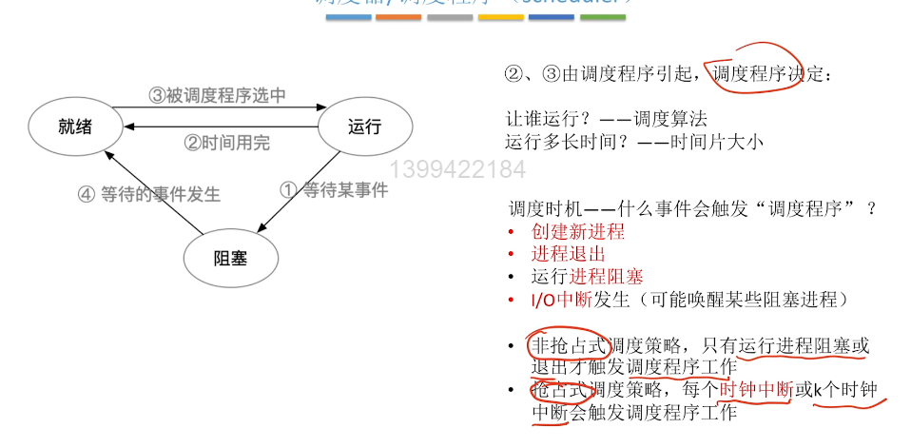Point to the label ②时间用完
pyautogui.click(x=227, y=144)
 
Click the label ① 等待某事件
pyautogui.click(x=333, y=190)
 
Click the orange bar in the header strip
pyautogui.click(x=398, y=17)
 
